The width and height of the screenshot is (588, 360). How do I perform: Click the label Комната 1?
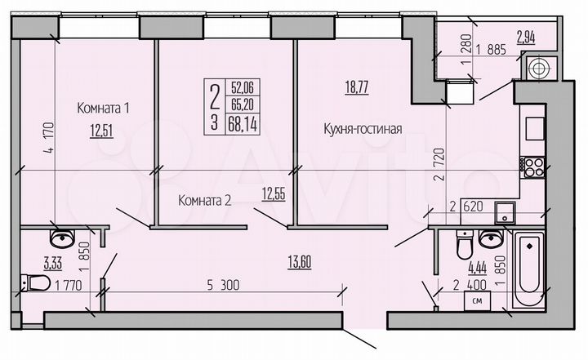[104, 108]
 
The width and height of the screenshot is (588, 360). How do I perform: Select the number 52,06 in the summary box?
[242, 86]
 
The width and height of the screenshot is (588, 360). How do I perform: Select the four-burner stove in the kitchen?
[534, 168]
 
